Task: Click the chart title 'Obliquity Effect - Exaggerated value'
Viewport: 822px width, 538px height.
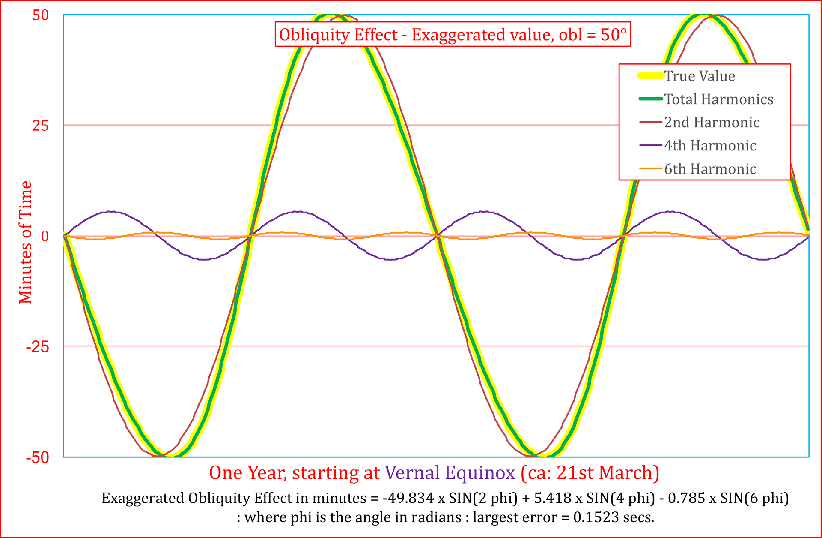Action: [x=453, y=34]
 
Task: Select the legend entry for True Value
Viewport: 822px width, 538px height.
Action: [x=700, y=76]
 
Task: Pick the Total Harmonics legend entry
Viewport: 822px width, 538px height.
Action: [x=718, y=99]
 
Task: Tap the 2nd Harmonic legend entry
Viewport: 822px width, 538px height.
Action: [x=712, y=122]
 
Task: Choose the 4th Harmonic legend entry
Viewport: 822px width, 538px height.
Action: [x=710, y=145]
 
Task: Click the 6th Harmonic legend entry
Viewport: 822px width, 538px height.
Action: [x=710, y=169]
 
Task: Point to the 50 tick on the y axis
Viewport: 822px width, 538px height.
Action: [x=41, y=15]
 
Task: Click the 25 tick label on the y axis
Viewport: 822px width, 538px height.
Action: [x=41, y=126]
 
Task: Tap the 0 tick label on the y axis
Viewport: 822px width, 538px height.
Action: [x=45, y=236]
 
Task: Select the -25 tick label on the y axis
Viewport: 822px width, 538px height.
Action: [x=38, y=347]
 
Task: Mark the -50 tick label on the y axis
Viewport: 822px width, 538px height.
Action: [x=38, y=457]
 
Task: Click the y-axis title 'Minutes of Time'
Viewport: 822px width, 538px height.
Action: [x=26, y=242]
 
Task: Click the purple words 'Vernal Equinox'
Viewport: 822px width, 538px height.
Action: [x=450, y=473]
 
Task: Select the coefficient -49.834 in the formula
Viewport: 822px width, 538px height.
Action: [x=408, y=498]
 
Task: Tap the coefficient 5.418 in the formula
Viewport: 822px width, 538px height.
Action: [x=553, y=498]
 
